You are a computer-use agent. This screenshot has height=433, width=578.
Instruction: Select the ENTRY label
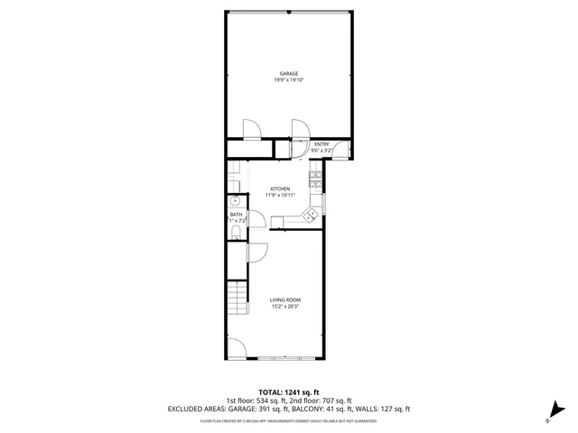point(322,144)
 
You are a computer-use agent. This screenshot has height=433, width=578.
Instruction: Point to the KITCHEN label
point(280,189)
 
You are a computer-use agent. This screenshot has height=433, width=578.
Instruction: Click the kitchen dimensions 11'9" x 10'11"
point(280,195)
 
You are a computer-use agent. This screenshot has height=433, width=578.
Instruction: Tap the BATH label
point(235,214)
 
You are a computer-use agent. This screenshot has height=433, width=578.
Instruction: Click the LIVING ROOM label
point(285,299)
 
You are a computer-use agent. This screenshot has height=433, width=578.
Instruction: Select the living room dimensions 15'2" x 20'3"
point(285,306)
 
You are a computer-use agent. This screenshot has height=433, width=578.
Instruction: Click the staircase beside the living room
point(237,297)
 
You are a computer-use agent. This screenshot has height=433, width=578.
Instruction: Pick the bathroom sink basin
point(235,200)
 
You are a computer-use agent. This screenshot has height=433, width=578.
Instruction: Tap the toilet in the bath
point(235,234)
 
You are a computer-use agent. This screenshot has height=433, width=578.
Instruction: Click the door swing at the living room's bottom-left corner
point(237,347)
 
